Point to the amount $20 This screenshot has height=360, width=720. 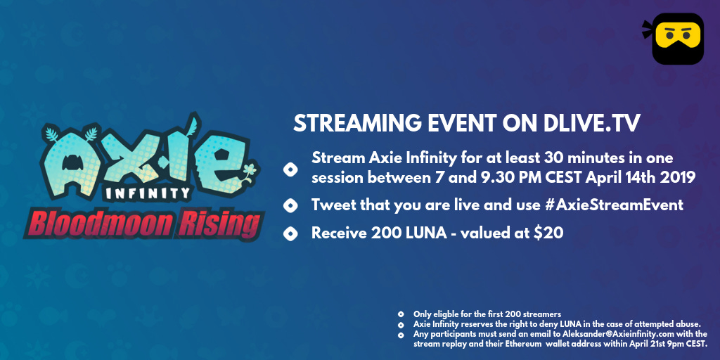(548, 233)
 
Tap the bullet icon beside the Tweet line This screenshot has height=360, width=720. (290, 206)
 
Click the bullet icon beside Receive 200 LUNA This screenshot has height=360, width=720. (290, 234)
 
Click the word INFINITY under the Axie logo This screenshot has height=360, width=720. (148, 193)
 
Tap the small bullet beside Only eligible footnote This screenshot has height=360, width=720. (401, 314)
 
